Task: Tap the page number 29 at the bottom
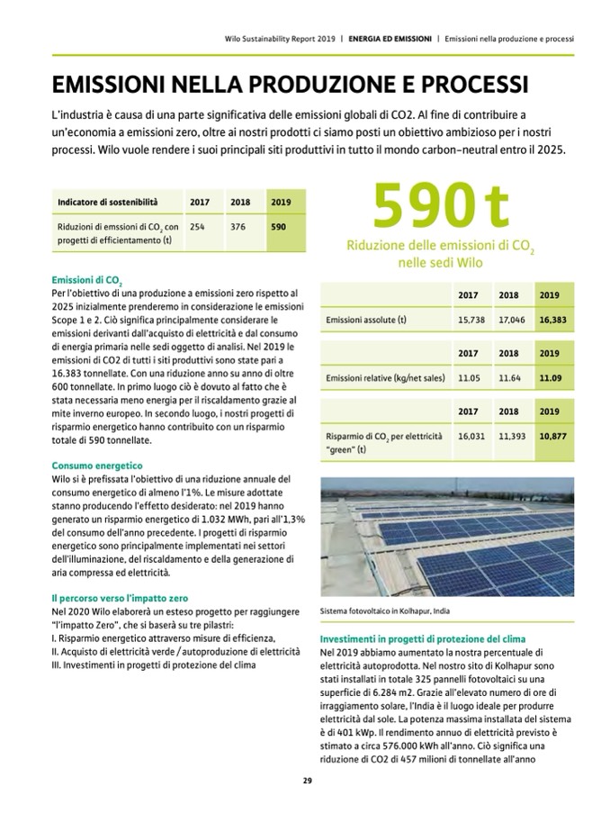pyautogui.click(x=306, y=780)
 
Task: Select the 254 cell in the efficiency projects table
pyautogui.click(x=200, y=227)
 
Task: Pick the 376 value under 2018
pyautogui.click(x=238, y=227)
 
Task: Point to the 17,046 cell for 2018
pyautogui.click(x=511, y=320)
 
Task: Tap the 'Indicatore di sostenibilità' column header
pyautogui.click(x=108, y=202)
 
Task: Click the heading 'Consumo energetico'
pyautogui.click(x=97, y=466)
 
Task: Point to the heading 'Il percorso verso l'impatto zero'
pyautogui.click(x=119, y=597)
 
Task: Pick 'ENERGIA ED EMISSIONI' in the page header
pyautogui.click(x=389, y=40)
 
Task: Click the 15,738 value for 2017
pyautogui.click(x=471, y=320)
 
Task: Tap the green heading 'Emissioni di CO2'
pyautogui.click(x=88, y=281)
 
